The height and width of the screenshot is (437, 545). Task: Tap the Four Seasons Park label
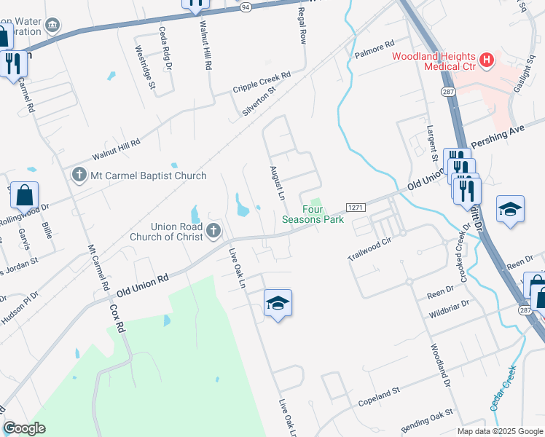coord(313,213)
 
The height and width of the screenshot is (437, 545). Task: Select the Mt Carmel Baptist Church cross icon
coord(79,175)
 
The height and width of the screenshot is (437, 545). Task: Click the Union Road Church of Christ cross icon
coord(213,231)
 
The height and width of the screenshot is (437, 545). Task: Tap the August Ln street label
coord(277,181)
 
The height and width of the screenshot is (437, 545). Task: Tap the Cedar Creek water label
coord(504,387)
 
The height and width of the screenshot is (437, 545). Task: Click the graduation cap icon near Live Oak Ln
coord(278,302)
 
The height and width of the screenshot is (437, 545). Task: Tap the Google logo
coord(24,428)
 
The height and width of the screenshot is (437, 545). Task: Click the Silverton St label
coord(262,102)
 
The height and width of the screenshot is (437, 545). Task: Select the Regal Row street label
coord(301,26)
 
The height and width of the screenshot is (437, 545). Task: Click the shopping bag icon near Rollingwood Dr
coord(24,196)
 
